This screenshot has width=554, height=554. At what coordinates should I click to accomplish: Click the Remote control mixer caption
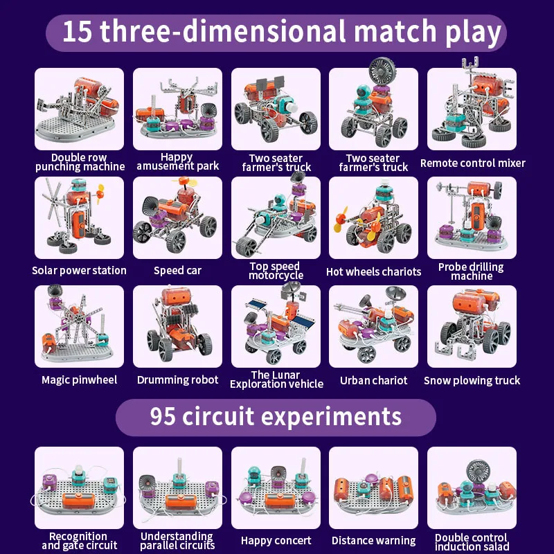click(473, 163)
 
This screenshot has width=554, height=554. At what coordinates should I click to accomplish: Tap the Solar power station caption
click(80, 270)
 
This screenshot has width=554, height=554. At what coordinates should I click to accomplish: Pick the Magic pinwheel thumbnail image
click(80, 326)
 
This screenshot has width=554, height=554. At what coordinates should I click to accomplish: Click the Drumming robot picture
click(178, 326)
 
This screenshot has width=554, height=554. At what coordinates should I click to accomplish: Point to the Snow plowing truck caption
click(472, 380)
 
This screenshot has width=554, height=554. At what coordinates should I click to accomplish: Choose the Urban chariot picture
click(374, 326)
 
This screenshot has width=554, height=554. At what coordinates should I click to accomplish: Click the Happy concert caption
click(276, 541)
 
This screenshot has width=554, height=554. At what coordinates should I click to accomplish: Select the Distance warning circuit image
click(374, 488)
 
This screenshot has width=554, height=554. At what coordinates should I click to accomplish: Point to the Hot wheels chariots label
click(374, 271)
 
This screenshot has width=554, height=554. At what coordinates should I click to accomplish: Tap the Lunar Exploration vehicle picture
click(276, 326)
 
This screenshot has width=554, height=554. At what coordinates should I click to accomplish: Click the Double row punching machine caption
click(80, 162)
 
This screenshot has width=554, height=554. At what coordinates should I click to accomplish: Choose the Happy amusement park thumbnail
click(178, 109)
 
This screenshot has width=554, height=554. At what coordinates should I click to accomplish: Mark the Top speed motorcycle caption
click(276, 271)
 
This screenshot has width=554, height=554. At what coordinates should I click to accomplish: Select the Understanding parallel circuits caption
click(177, 541)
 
